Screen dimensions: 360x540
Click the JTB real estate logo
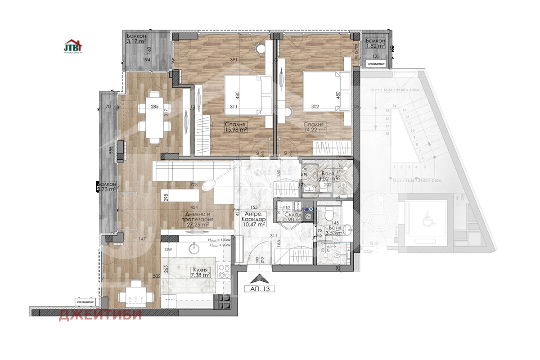73,46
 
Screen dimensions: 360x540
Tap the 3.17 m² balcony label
139,38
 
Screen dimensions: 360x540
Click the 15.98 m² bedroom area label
237,127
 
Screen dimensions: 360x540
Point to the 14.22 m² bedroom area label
314,127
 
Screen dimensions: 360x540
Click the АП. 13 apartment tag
260,289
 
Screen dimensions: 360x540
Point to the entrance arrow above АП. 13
260,279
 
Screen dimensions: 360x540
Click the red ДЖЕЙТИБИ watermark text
100,315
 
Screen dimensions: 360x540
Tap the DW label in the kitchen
169,249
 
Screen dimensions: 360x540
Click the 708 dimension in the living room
194,184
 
